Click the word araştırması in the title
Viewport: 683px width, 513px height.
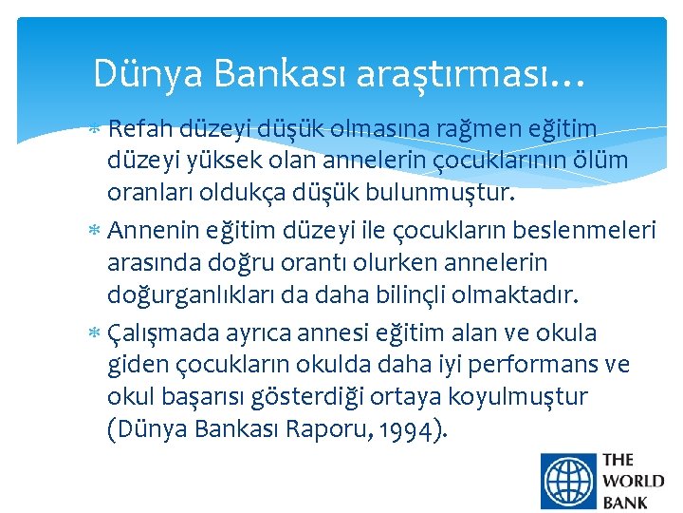pos(471,73)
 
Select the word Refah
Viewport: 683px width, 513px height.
pos(138,128)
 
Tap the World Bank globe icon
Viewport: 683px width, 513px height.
pos(566,482)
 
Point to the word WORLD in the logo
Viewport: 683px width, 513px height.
pos(633,482)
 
